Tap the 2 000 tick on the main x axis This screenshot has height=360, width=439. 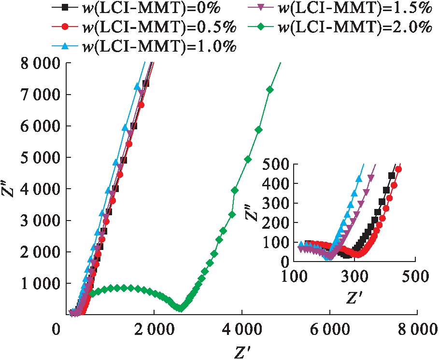click(x=154, y=332)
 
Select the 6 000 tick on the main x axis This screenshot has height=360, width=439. click(x=329, y=332)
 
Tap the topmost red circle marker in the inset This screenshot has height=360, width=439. click(x=398, y=169)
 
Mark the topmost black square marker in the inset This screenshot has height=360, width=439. click(x=392, y=176)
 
